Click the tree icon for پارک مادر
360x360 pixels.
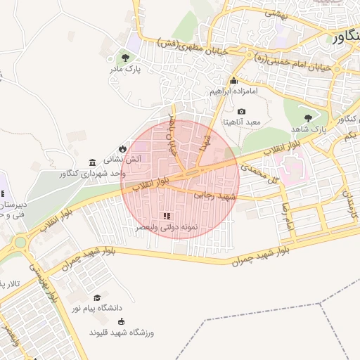point(125,58)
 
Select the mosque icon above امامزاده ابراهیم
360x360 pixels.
point(234,80)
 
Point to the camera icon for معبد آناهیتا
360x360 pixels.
point(242,111)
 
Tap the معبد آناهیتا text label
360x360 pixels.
point(242,122)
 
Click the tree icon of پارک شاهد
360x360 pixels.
point(307,118)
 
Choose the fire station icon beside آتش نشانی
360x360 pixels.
point(122,148)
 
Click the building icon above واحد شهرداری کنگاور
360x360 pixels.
point(93,162)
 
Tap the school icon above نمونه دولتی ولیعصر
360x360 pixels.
point(166,217)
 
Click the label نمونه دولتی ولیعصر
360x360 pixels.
point(166,229)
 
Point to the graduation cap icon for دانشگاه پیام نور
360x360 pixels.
point(97,297)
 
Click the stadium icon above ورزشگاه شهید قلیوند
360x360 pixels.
point(122,321)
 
